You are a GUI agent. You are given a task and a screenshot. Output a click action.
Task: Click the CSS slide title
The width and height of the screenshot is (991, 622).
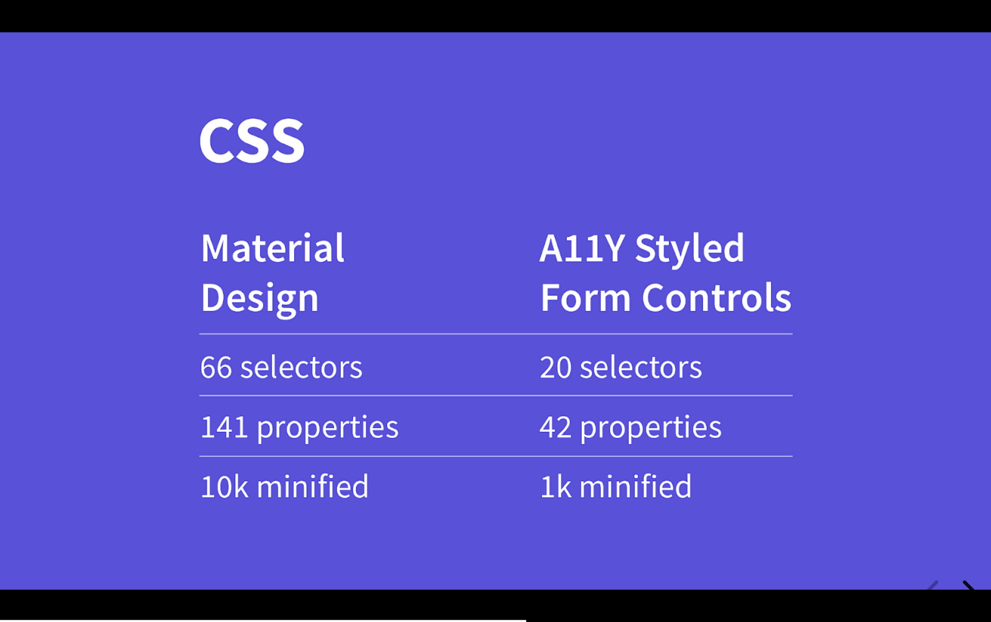click(x=252, y=140)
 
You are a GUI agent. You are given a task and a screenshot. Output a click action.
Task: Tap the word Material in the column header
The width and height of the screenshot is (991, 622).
click(x=272, y=248)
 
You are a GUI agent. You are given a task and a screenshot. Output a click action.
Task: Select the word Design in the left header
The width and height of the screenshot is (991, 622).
click(x=260, y=298)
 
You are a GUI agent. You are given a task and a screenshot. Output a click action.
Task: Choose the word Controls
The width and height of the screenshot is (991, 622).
click(x=716, y=298)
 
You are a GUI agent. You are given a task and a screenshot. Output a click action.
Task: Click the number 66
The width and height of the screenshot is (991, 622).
click(x=216, y=368)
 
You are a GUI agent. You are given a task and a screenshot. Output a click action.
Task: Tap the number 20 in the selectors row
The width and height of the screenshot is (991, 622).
click(x=555, y=368)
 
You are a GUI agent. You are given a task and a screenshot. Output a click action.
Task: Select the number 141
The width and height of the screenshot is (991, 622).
click(x=224, y=427)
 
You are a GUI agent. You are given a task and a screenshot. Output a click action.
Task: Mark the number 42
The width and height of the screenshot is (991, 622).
click(x=555, y=427)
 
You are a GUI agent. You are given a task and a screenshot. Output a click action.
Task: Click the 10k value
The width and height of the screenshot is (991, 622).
click(x=224, y=487)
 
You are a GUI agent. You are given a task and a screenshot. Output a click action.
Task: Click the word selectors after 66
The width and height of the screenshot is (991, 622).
click(x=301, y=368)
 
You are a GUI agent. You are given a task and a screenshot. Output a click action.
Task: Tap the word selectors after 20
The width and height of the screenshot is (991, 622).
click(x=641, y=368)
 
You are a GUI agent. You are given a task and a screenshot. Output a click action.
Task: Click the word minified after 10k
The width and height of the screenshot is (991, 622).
click(x=313, y=487)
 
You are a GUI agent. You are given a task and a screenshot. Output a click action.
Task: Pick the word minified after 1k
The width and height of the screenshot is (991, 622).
click(x=635, y=487)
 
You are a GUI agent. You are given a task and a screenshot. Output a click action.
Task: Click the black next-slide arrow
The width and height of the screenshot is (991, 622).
click(x=968, y=585)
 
